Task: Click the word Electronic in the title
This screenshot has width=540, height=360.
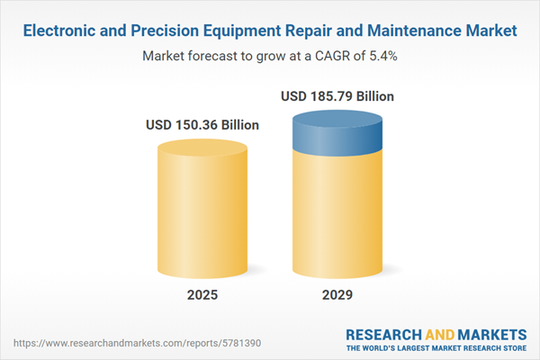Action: [60, 31]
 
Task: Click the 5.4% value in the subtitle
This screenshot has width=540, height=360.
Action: [382, 56]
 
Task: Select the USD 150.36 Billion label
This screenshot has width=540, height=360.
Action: [202, 125]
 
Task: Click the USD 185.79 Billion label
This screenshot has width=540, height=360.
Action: [337, 95]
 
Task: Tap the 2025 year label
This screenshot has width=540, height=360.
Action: [202, 295]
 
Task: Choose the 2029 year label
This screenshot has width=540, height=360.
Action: [337, 295]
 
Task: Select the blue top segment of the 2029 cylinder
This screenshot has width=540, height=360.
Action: [337, 133]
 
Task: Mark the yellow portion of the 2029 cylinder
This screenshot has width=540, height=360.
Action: [337, 216]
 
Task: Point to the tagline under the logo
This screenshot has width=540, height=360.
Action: [437, 346]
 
